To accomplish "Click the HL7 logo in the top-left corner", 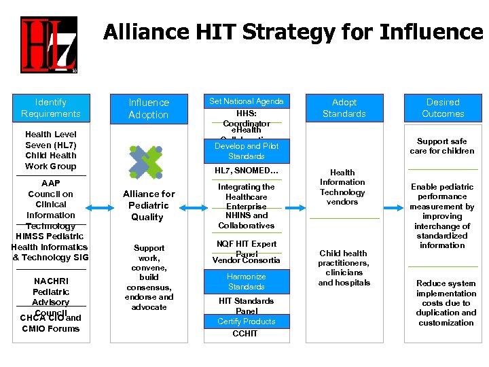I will click(x=48, y=45).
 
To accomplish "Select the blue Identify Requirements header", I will click(x=50, y=108).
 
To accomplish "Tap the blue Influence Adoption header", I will click(x=148, y=108).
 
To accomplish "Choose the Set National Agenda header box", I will click(x=246, y=101).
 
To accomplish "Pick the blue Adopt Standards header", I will click(x=344, y=108).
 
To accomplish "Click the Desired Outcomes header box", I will click(x=442, y=108).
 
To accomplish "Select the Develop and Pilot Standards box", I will click(x=246, y=151).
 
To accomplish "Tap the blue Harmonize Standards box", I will click(x=246, y=281).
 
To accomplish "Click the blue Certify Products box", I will click(x=246, y=321).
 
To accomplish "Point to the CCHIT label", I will click(x=246, y=334).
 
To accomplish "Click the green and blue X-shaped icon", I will click(x=147, y=162).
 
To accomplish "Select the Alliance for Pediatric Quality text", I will click(x=148, y=205).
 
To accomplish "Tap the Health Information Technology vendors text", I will click(x=342, y=187).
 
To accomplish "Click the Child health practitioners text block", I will click(x=344, y=268).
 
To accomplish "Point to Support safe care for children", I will click(x=442, y=146).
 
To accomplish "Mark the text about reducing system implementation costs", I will click(x=446, y=303).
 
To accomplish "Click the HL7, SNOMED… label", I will click(x=246, y=170).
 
